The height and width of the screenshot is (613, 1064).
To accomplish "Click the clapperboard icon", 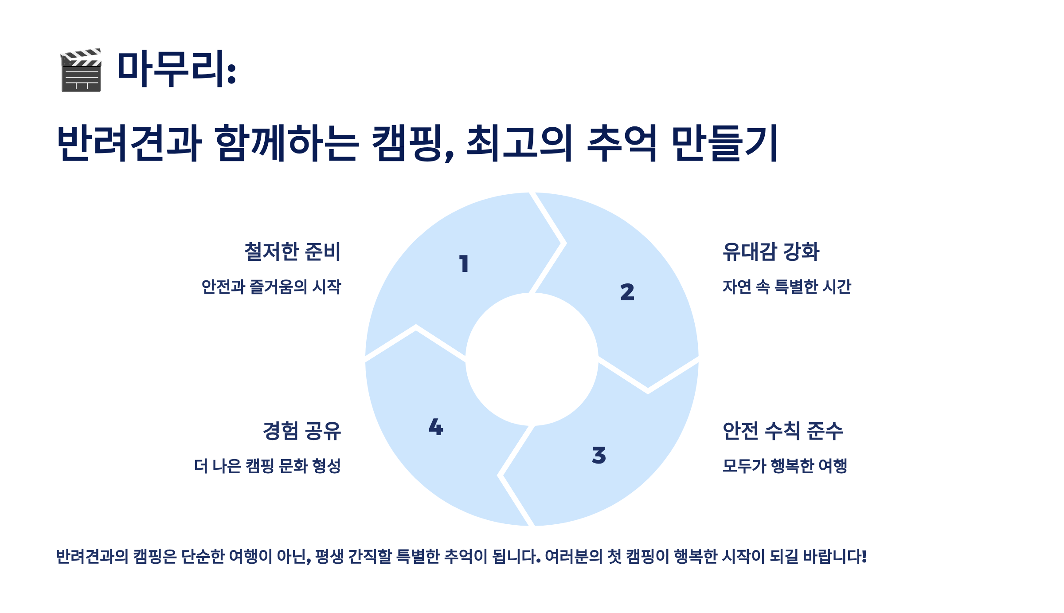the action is (81, 70).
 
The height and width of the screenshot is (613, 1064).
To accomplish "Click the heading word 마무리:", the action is (176, 69).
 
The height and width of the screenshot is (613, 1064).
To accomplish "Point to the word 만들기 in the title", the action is (724, 143).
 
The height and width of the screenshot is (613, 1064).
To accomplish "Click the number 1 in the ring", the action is (464, 264).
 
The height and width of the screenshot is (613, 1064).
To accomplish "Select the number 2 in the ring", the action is (627, 292).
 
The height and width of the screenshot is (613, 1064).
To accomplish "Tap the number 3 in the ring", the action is (599, 456).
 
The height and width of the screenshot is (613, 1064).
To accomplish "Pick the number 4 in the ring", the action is (436, 427).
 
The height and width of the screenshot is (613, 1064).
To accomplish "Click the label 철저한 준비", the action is (293, 251).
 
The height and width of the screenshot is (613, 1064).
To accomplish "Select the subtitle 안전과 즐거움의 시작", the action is (271, 287).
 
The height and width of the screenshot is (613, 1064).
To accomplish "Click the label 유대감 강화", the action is (771, 251).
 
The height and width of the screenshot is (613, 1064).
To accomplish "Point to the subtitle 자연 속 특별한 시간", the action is (787, 287).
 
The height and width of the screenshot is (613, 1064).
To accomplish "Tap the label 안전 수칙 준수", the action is (782, 431).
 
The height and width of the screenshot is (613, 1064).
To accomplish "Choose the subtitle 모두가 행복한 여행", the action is (785, 466).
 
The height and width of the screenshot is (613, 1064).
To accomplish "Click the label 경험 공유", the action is (302, 431).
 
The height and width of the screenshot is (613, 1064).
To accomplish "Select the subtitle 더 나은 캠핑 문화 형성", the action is (267, 466).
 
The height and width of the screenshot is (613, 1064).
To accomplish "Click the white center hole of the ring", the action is (532, 359).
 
